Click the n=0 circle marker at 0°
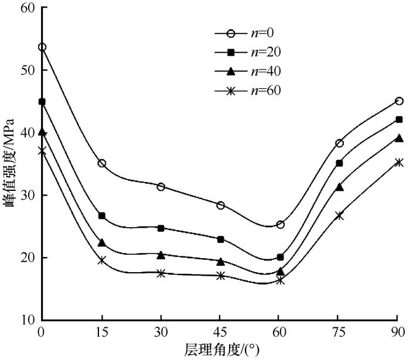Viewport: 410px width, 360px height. pos(42,47)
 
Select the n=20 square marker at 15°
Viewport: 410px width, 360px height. pos(101,216)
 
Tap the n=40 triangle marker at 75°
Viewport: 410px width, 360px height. pos(339,187)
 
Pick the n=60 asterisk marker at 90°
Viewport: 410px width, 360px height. pos(399,162)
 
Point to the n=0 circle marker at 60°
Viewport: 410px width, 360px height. pos(280,224)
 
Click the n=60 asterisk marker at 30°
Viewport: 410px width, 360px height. pos(161,273)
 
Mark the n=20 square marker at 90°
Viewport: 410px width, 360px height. pos(399,119)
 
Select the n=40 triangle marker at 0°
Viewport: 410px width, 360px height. pos(42,132)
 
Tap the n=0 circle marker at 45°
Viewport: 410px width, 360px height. pos(220,205)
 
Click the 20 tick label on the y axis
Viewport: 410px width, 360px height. pos(27,258)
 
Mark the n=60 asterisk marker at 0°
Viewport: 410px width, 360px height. pos(42,150)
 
